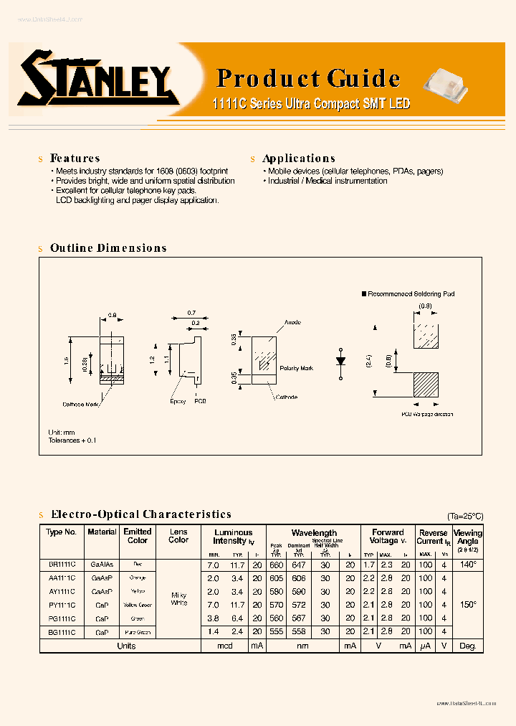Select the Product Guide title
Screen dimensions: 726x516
coord(308,78)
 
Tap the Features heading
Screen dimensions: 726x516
coord(75,159)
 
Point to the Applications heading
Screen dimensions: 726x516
coord(298,159)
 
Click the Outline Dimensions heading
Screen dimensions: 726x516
coord(108,248)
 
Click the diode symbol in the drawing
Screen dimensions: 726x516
coord(341,359)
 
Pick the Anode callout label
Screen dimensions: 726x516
coord(292,322)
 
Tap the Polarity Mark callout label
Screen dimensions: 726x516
coord(297,368)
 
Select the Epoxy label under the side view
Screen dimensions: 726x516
coord(178,401)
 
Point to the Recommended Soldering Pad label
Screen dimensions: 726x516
coord(411,294)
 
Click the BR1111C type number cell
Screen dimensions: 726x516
coord(62,565)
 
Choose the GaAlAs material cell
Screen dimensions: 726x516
coord(102,565)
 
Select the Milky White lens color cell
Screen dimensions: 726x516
coord(179,598)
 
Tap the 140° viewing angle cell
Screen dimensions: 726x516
coord(469,565)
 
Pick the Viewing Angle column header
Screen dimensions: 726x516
coord(469,537)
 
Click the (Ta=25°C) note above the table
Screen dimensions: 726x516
coord(465,516)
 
